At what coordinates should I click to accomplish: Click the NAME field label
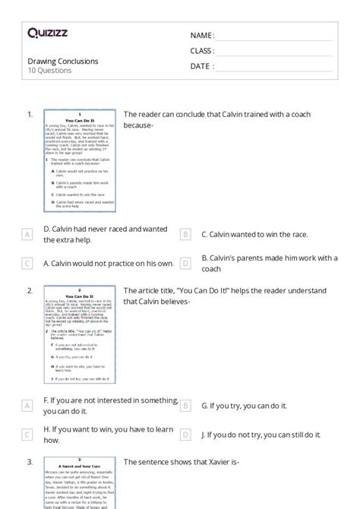click(202, 36)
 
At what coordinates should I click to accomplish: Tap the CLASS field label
click(202, 51)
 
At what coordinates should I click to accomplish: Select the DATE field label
click(202, 66)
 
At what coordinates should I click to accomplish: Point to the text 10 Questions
click(49, 71)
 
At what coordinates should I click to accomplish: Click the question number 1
click(30, 114)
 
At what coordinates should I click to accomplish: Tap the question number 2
click(30, 290)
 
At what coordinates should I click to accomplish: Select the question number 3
click(30, 461)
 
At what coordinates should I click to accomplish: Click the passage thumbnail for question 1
click(80, 162)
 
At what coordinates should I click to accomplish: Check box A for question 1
click(27, 235)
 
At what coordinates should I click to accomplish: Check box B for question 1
click(185, 235)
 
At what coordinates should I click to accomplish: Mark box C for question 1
click(27, 264)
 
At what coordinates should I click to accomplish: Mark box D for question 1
click(185, 264)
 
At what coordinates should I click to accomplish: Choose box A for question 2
click(27, 406)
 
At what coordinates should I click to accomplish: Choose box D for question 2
click(185, 435)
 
